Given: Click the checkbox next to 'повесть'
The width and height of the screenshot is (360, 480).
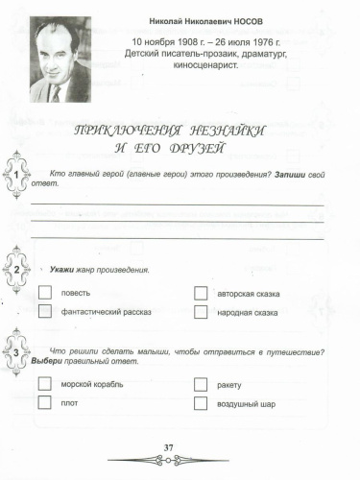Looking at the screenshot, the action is [44, 292].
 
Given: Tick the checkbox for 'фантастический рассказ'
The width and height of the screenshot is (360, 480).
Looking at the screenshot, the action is [44, 311].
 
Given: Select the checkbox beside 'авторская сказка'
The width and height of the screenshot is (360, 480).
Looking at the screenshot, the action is [201, 292].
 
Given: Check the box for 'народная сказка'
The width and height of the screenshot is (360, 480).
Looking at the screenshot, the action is [201, 312].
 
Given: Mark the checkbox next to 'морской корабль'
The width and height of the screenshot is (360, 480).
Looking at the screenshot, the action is [44, 384].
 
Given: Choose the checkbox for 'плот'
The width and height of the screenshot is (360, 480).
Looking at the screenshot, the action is [44, 403].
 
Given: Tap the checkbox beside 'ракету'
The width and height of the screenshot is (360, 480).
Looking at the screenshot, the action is [201, 384].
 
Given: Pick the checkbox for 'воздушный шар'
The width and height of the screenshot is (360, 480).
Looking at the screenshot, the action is [201, 403].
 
